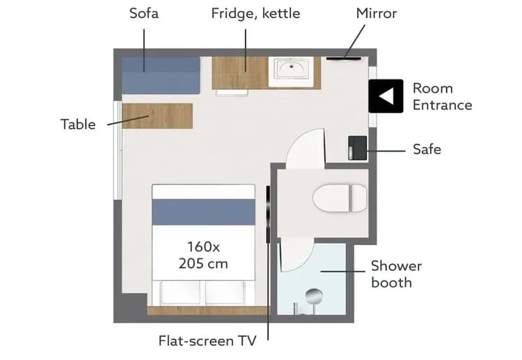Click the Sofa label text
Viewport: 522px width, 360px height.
[144, 13]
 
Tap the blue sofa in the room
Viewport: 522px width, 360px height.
[161, 75]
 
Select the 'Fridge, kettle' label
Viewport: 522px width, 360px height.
[255, 14]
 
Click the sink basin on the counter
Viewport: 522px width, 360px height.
[292, 69]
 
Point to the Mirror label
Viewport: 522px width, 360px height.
[376, 13]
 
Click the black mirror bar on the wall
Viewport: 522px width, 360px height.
[344, 58]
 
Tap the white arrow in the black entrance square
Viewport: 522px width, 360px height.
[386, 96]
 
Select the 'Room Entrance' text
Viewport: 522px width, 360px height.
[443, 97]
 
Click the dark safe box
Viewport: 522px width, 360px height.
[358, 148]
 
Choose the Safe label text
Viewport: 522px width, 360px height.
[427, 149]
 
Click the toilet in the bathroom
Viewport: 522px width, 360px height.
[340, 198]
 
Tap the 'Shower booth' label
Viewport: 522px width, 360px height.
[396, 274]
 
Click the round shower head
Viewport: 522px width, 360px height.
[315, 295]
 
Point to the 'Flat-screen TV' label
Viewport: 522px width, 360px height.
[207, 341]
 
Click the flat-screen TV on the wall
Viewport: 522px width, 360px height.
[268, 214]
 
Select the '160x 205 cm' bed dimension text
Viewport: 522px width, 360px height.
[203, 255]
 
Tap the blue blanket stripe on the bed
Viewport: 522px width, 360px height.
[204, 212]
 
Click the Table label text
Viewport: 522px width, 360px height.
[78, 125]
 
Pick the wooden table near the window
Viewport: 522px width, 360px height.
[157, 116]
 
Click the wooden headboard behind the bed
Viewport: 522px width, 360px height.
[209, 311]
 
